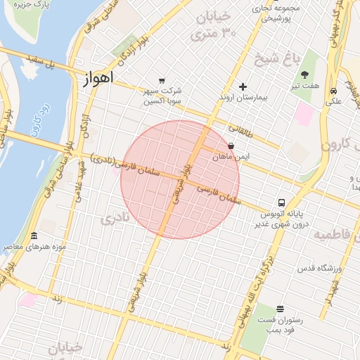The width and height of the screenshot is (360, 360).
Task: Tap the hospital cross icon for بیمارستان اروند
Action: point(243,87)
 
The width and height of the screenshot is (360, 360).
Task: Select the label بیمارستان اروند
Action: point(243,97)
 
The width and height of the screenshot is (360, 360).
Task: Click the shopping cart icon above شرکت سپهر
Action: point(162,81)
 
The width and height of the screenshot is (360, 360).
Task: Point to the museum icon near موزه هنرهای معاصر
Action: point(34,236)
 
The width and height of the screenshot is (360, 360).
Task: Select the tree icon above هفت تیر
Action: point(304,75)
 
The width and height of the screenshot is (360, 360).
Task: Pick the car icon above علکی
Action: point(333,91)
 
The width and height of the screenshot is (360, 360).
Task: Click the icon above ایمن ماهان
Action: point(231,146)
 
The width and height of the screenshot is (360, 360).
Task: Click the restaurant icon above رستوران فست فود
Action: point(280,309)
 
